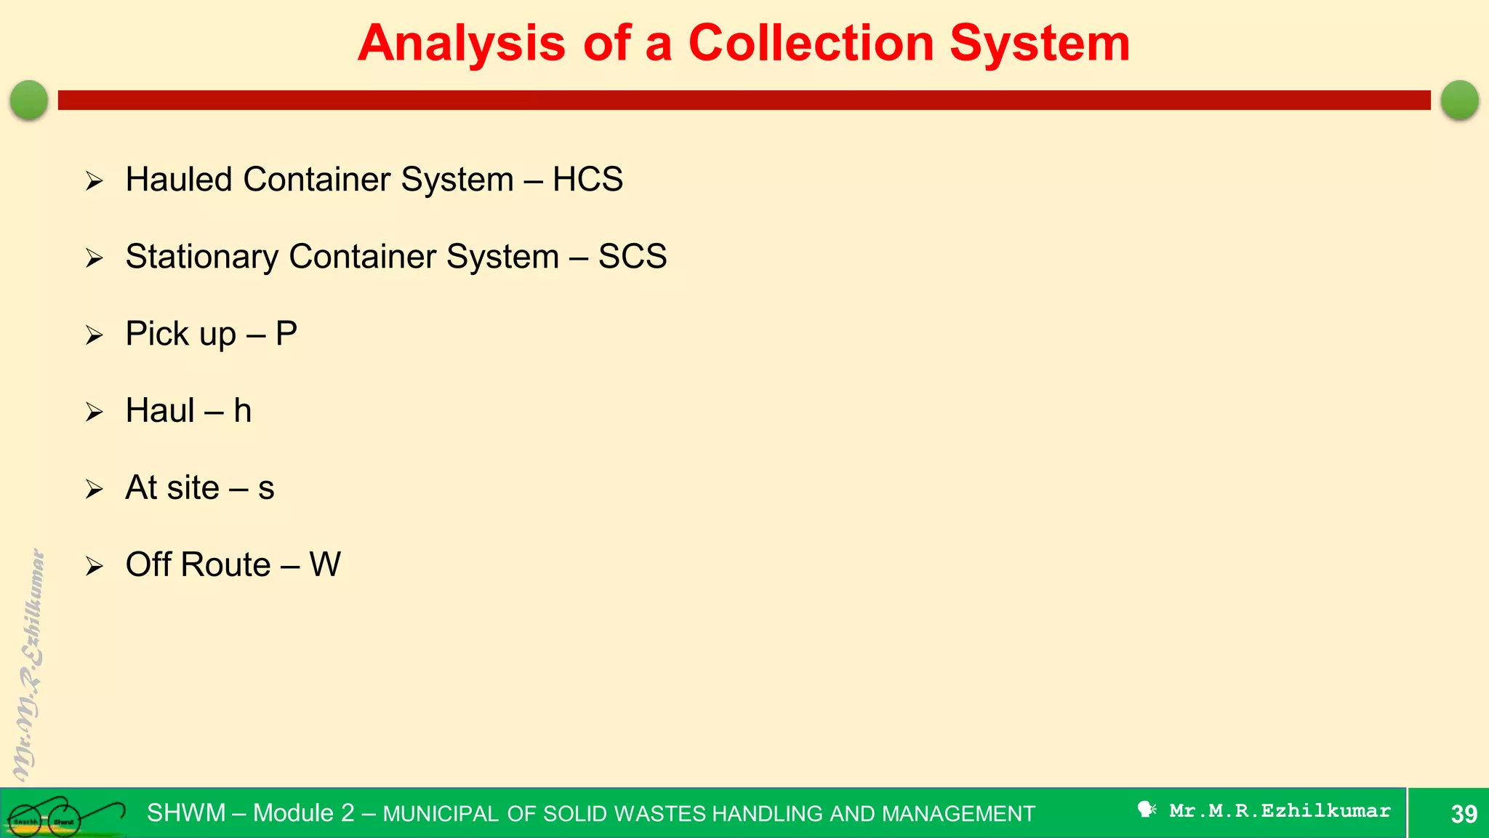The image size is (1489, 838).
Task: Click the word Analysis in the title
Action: [461, 44]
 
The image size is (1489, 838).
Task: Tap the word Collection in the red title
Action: [811, 44]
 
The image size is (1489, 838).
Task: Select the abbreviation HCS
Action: [587, 180]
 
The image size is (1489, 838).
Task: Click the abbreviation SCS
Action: [632, 257]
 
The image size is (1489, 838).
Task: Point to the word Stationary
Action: [201, 257]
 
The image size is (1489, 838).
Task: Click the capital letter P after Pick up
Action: [286, 334]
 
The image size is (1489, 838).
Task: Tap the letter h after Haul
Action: [243, 411]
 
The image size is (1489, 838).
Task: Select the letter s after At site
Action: [266, 488]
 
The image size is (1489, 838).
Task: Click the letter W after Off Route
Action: [325, 565]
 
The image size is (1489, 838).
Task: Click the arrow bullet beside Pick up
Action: [95, 335]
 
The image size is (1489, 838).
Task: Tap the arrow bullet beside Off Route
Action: [95, 566]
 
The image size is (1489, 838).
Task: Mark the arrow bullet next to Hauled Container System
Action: [95, 181]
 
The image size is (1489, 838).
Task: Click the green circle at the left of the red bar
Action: [29, 100]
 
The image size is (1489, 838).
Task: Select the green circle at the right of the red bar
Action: [1459, 100]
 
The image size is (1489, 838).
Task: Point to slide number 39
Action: [1464, 814]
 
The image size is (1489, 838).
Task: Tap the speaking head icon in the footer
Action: [1147, 810]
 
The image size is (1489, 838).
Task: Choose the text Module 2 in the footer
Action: [303, 813]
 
